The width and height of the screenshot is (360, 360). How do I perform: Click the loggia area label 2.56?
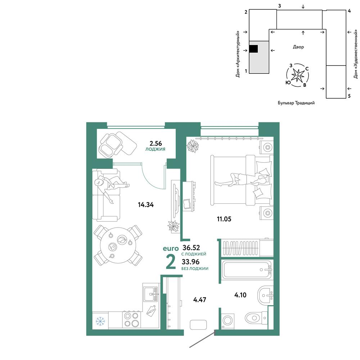(156, 144)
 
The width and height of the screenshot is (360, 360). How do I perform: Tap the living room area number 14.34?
(146, 204)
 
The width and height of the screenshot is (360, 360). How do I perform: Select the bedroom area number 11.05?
(224, 219)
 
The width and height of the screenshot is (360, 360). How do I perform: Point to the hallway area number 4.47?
(200, 300)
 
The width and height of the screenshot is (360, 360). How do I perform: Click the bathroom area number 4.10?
(240, 295)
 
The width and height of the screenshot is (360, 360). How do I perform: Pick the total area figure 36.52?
(191, 248)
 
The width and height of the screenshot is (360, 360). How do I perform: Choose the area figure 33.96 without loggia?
(190, 262)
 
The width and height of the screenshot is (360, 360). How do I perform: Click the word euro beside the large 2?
(171, 249)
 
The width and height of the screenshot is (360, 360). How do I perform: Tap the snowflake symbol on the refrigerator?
(100, 321)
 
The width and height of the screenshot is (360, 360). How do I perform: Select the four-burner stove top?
(131, 320)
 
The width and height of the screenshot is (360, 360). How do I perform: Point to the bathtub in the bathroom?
(247, 270)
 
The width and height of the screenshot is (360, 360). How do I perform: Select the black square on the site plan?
(253, 49)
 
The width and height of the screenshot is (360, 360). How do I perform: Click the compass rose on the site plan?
(298, 75)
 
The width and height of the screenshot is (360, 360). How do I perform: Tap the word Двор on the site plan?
(298, 47)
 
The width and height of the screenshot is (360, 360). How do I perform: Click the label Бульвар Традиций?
(296, 103)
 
